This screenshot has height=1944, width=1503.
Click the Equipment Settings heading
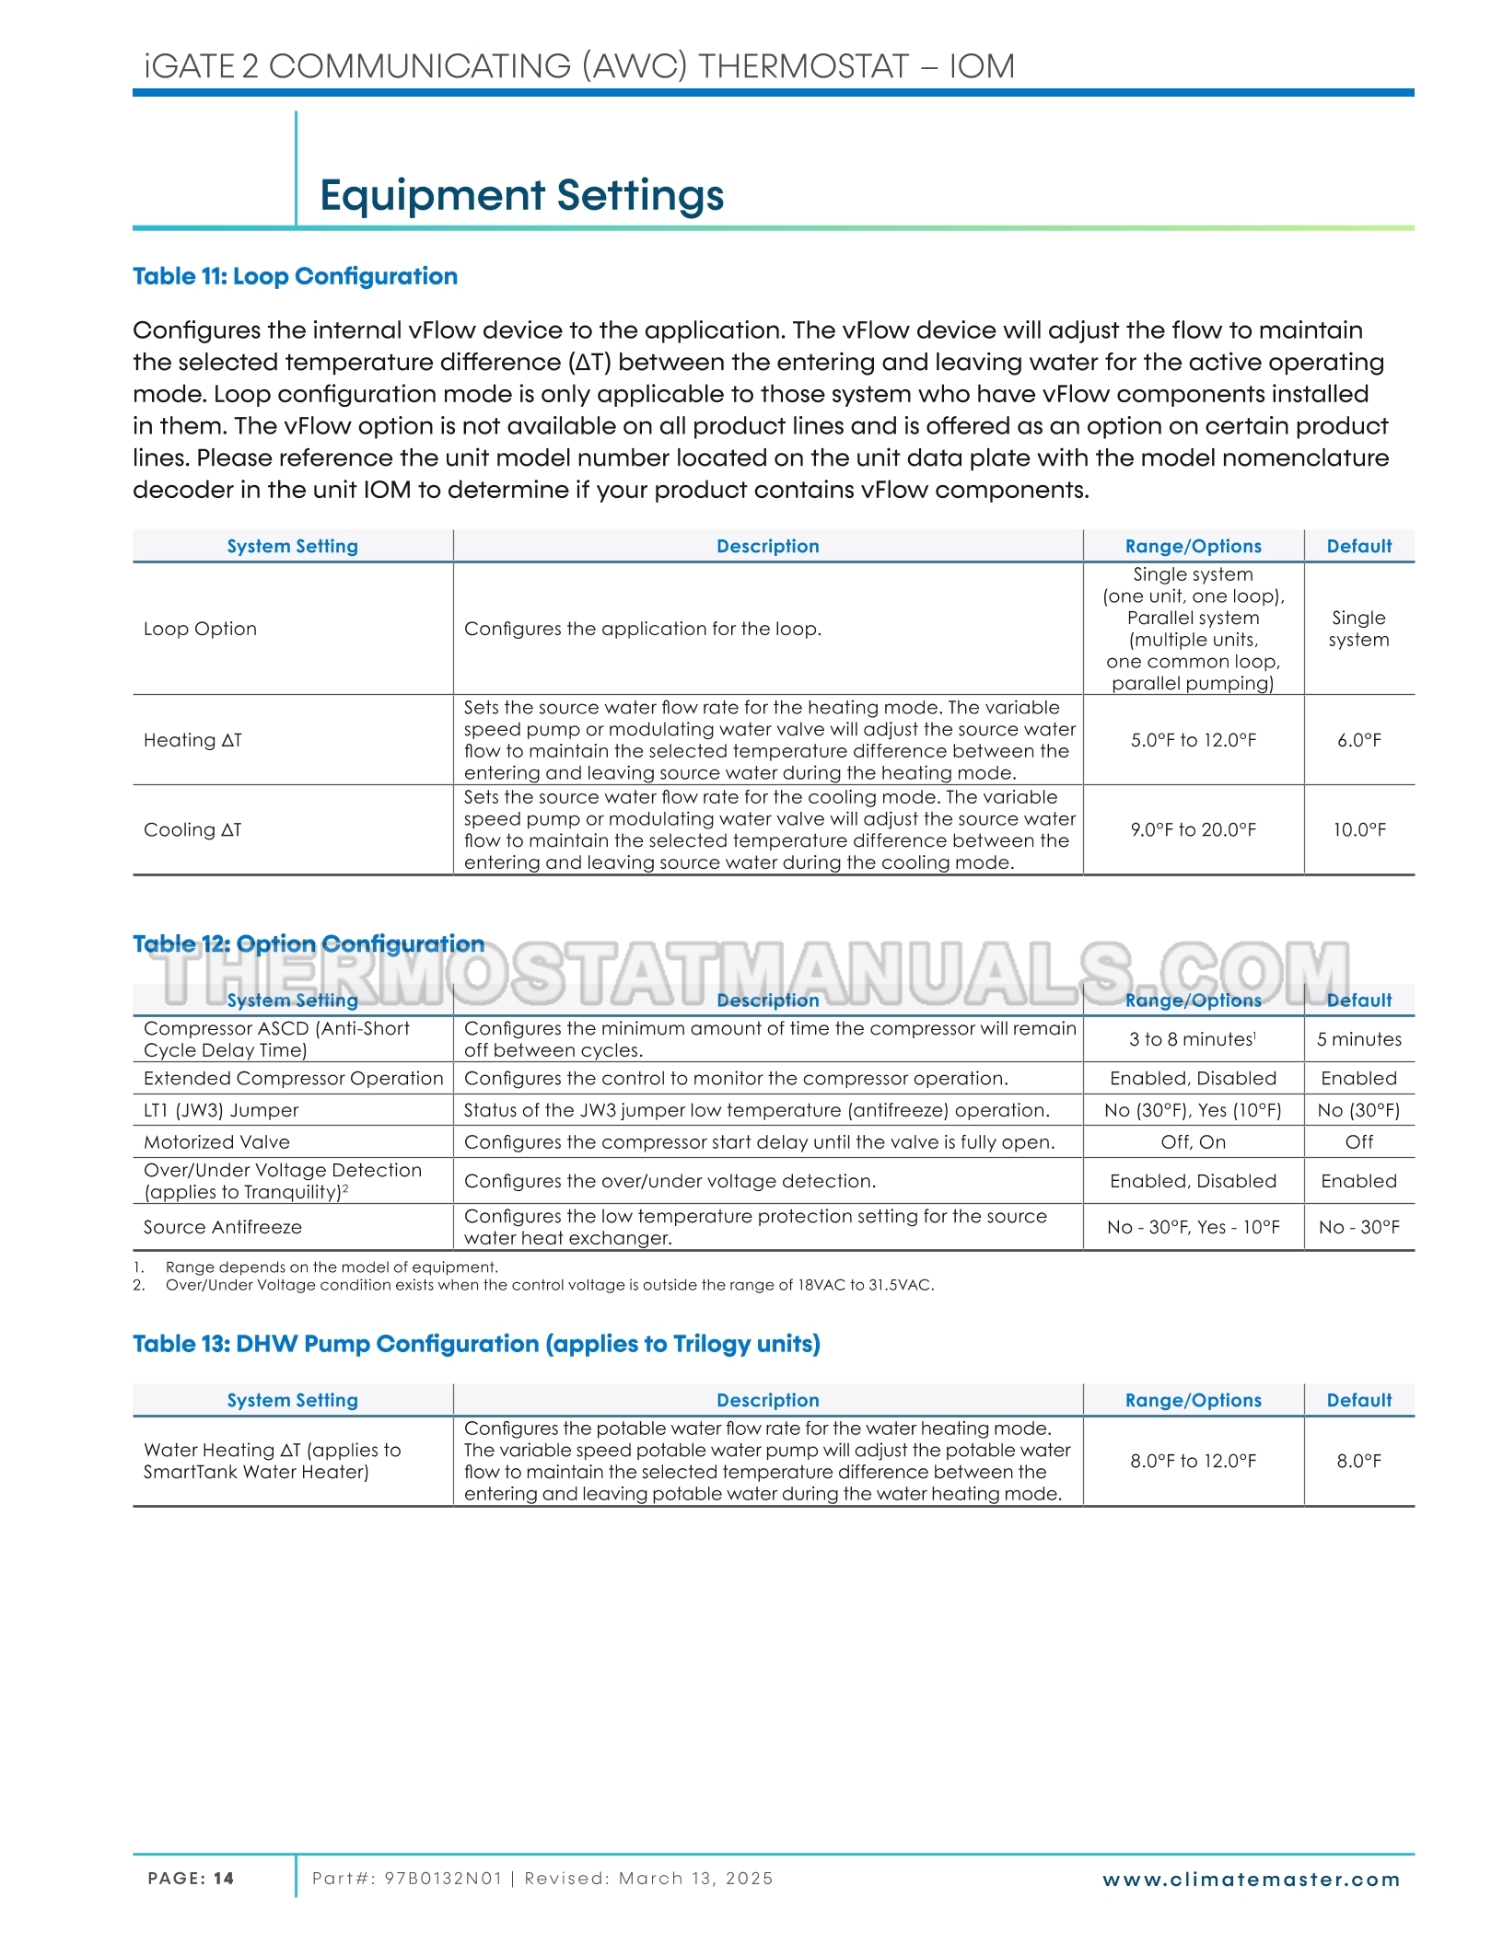coord(521,195)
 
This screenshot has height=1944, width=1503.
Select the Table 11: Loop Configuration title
coord(295,276)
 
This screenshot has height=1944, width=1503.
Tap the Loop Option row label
coord(200,629)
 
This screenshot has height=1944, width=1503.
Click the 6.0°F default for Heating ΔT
coord(1358,740)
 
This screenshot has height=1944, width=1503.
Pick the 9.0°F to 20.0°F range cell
coord(1193,829)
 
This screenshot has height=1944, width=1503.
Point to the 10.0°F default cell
coord(1358,829)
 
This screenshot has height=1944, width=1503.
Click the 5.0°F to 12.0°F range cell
coord(1193,740)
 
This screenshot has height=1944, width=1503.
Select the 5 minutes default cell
coord(1358,1039)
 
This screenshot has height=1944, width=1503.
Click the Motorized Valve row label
coord(216,1142)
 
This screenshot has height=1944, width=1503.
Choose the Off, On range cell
coord(1193,1142)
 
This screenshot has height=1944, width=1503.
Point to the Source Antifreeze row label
coord(222,1227)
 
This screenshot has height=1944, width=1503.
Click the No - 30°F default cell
coord(1358,1227)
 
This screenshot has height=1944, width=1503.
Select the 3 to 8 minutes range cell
coord(1192,1039)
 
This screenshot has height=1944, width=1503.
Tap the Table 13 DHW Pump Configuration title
coord(476,1344)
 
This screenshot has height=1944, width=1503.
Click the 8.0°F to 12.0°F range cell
coord(1193,1461)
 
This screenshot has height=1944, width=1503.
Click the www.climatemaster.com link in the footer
coord(1251,1880)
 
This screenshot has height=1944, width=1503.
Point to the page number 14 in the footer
coord(224,1879)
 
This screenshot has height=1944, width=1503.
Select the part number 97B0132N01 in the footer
coord(443,1879)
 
